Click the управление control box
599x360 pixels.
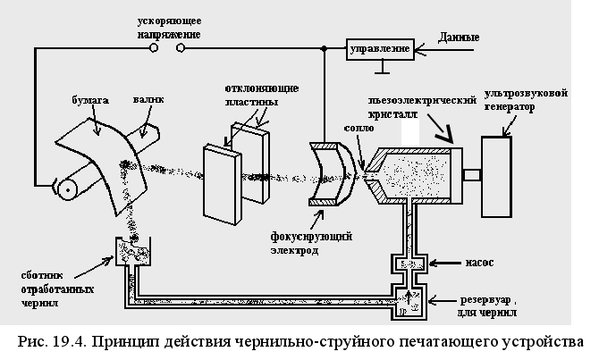(x=380, y=47)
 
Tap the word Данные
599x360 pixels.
(x=460, y=38)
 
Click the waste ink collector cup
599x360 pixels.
(x=129, y=253)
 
